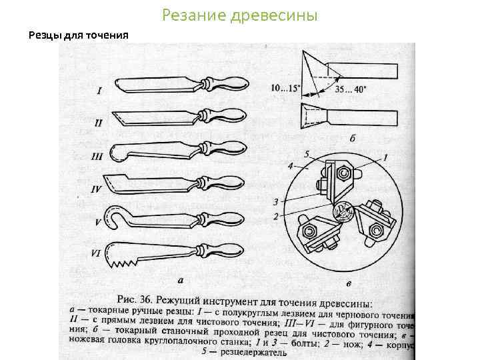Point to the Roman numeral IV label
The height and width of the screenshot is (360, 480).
point(96,189)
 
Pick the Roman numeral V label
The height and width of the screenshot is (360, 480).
point(98,221)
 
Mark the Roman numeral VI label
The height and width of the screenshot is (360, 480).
point(96,253)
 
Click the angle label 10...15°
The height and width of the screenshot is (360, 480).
point(285,87)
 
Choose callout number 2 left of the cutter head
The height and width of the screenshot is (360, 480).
point(275,217)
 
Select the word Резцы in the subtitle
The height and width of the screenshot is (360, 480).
point(44,35)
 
